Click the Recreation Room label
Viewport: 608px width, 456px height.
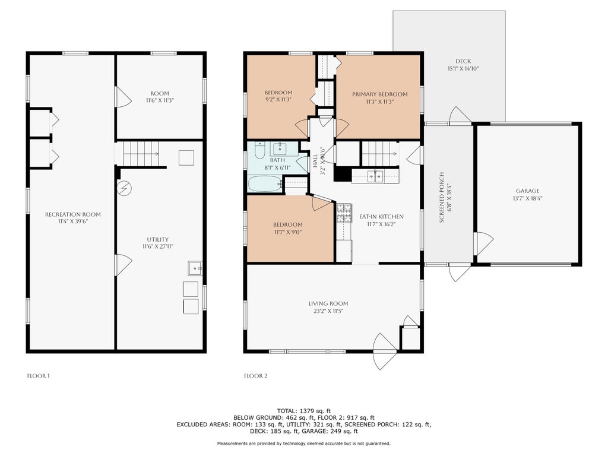(x=73, y=214)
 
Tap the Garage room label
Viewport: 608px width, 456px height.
(x=527, y=191)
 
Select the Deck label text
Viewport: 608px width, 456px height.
(x=463, y=61)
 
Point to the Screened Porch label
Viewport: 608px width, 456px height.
(x=442, y=197)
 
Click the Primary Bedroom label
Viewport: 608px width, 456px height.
(x=379, y=94)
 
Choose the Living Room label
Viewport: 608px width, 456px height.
(x=328, y=303)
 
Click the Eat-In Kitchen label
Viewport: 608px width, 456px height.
(x=381, y=217)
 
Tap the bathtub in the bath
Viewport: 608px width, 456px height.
(x=265, y=184)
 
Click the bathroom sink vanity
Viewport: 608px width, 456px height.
(x=280, y=148)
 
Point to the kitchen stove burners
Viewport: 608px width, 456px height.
(x=344, y=213)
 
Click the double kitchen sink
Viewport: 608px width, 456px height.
(x=375, y=176)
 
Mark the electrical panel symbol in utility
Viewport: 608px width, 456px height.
(x=125, y=188)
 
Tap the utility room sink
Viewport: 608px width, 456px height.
(x=195, y=268)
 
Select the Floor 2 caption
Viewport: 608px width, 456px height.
(x=255, y=376)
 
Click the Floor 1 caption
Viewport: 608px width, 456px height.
(x=39, y=376)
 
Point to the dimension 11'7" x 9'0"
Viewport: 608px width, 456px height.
(x=288, y=232)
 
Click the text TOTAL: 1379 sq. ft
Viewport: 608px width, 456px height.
(x=304, y=411)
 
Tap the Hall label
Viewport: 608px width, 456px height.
(x=315, y=160)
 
